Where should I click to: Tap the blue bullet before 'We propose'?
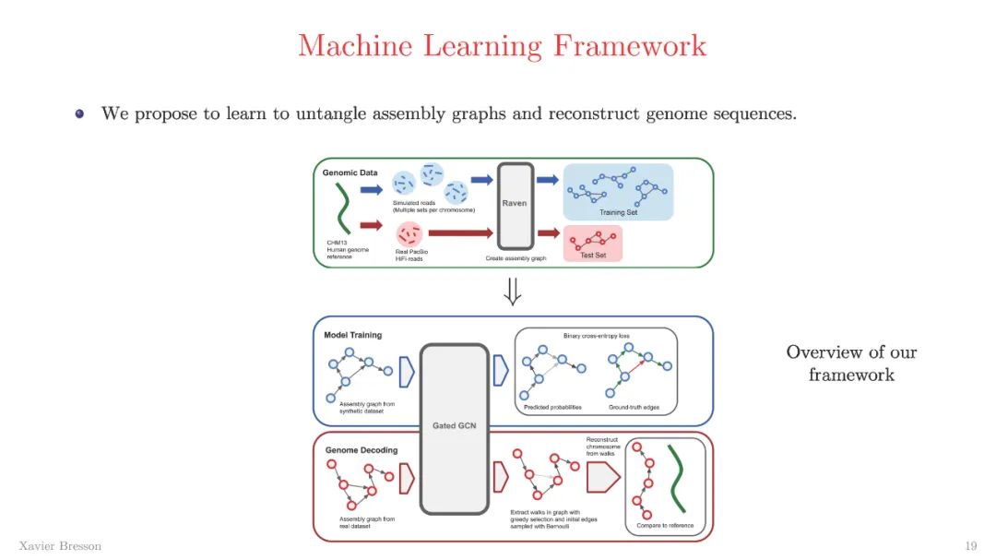(80, 114)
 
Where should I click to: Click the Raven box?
(515, 205)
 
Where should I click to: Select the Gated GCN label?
(453, 425)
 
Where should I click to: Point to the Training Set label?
(618, 212)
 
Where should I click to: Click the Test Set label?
(593, 255)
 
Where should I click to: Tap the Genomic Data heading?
(350, 173)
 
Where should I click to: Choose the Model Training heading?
(352, 334)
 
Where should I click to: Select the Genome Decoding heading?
(361, 450)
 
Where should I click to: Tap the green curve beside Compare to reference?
(678, 479)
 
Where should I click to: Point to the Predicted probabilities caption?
(552, 407)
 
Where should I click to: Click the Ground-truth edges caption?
(634, 407)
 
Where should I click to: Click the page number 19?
(970, 545)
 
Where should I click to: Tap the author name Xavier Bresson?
(60, 545)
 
